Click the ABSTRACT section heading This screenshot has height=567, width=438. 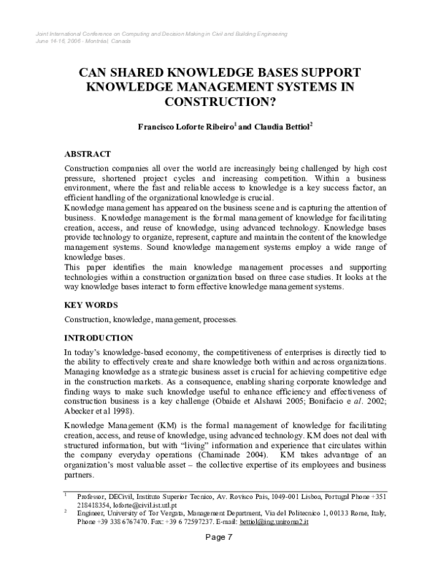click(88, 154)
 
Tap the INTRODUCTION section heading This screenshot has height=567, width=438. click(99, 338)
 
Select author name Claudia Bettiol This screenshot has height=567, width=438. click(283, 126)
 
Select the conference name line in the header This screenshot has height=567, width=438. click(160, 34)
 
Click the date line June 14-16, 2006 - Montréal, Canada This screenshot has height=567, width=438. click(82, 41)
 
